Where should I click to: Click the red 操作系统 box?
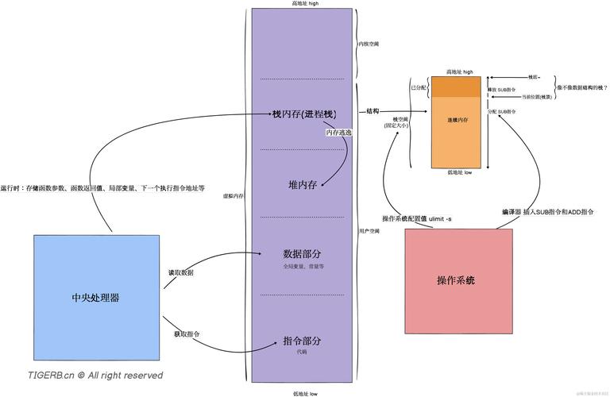point(457,280)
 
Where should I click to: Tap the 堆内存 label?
point(302,184)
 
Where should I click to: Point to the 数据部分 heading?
point(302,254)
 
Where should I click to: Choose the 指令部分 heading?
point(302,341)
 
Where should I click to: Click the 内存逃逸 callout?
point(338,133)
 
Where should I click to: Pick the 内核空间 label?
point(368,44)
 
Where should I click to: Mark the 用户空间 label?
point(368,231)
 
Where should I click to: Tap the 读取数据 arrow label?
point(180,272)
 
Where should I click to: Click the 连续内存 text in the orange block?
point(457,120)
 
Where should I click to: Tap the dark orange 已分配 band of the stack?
point(457,87)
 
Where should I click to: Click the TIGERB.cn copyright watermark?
point(95,375)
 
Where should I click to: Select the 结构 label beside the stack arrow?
point(373,112)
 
